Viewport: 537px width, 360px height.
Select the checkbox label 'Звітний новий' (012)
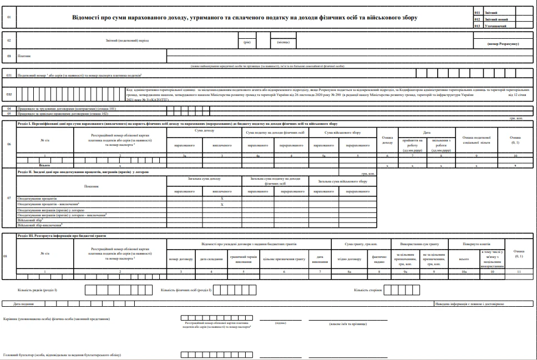(x=492, y=18)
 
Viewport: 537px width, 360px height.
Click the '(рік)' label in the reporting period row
(x=247, y=42)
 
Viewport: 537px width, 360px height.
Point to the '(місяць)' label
(x=283, y=42)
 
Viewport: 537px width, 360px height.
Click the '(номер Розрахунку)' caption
(x=503, y=44)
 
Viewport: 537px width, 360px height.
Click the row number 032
(x=9, y=94)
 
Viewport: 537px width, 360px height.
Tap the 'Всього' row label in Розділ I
(x=44, y=165)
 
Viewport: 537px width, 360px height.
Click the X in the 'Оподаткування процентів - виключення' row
(x=222, y=204)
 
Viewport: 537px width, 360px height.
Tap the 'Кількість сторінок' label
(x=368, y=290)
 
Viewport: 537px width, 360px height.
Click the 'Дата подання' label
(x=24, y=305)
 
